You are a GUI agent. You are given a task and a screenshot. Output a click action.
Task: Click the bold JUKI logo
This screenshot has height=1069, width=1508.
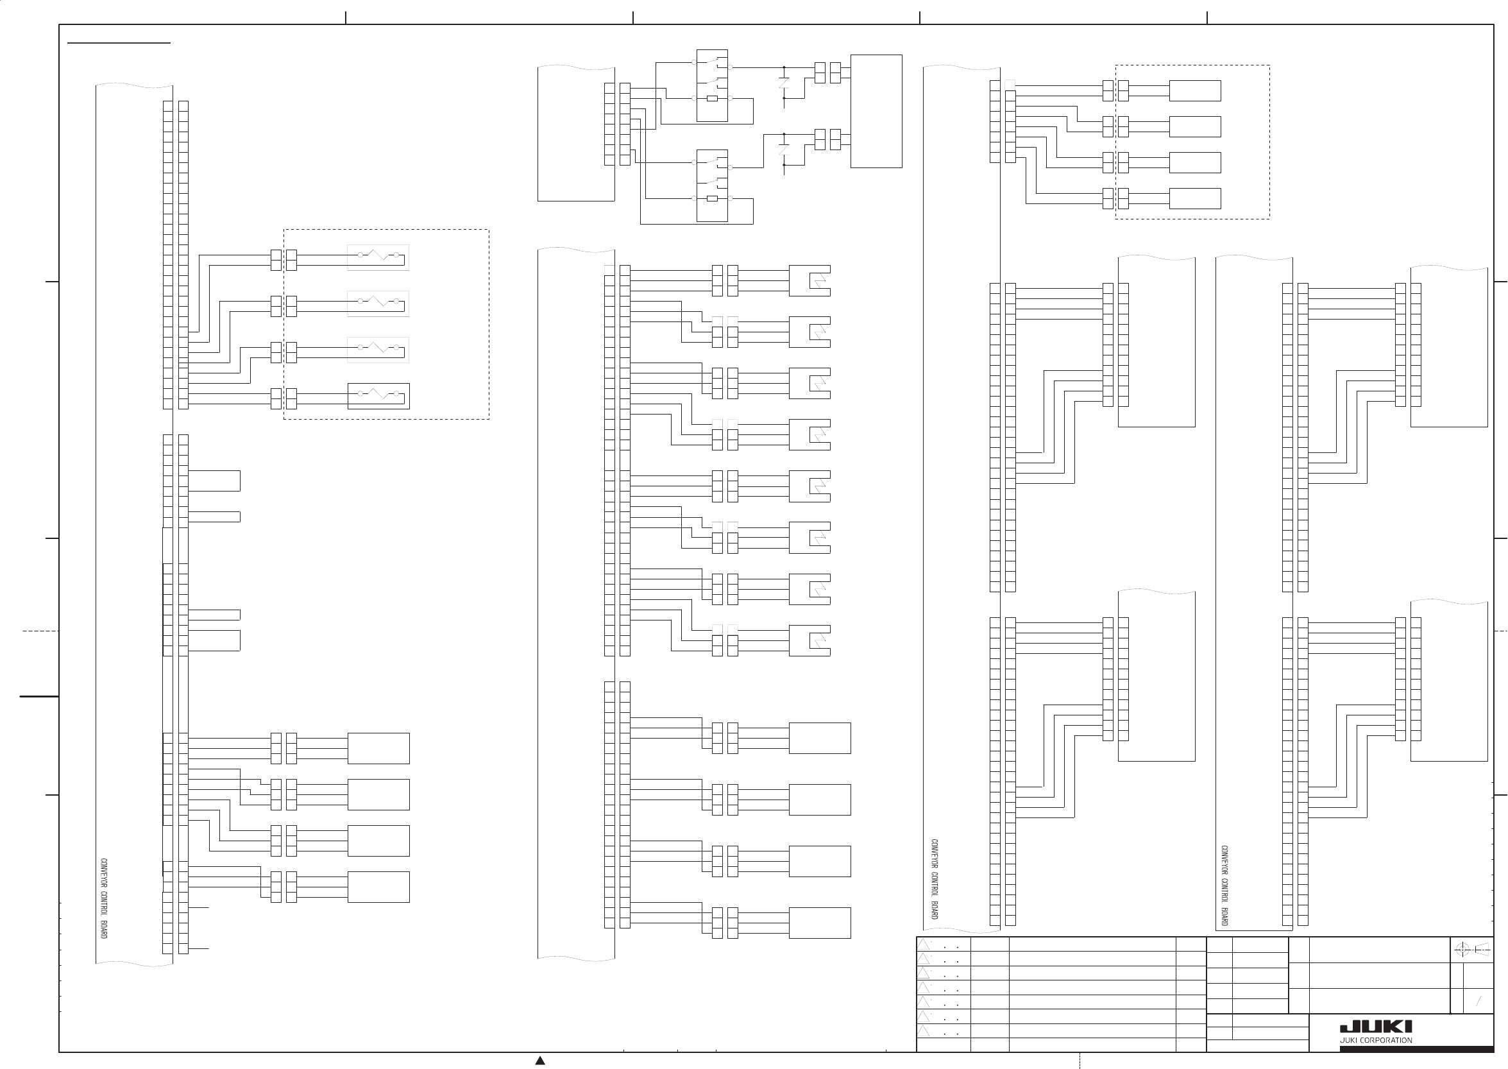click(1376, 1027)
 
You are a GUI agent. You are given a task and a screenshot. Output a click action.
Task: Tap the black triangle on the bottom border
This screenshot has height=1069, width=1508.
click(540, 1061)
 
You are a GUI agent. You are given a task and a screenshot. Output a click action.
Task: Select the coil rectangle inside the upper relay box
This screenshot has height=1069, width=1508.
click(712, 98)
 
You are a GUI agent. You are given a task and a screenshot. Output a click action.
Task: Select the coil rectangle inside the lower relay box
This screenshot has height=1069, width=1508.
click(712, 198)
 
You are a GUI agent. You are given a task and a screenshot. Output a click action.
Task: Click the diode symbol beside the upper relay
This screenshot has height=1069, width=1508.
click(784, 83)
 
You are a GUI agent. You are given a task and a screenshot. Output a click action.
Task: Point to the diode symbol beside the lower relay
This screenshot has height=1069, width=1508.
click(784, 150)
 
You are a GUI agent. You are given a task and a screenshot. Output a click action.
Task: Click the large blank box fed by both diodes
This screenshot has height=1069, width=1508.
click(876, 111)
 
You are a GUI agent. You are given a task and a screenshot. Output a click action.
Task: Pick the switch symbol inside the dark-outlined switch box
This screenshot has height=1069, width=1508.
click(378, 394)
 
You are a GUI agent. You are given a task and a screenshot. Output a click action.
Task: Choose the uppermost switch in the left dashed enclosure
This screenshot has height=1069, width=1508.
click(378, 255)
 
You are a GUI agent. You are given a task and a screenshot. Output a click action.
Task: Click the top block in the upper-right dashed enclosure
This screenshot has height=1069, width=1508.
click(1195, 91)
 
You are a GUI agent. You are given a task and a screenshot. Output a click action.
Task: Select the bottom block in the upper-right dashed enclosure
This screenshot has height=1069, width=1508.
click(1195, 199)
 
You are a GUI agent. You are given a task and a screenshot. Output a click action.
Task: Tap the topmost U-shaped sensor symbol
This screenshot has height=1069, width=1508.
click(811, 281)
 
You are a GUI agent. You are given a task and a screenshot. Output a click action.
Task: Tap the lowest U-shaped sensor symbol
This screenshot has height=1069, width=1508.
click(811, 640)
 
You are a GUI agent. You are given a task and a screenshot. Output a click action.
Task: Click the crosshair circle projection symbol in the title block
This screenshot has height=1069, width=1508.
click(1462, 949)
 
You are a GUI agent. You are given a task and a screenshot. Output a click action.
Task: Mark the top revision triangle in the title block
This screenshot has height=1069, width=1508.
click(923, 945)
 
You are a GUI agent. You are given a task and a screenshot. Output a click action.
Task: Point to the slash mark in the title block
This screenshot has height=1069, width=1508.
click(1478, 1001)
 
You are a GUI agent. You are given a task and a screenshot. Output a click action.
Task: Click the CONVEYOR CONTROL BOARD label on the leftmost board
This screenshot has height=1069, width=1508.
click(104, 898)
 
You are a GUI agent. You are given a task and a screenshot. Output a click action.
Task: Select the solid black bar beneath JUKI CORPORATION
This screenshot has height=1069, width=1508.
click(1416, 1048)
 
